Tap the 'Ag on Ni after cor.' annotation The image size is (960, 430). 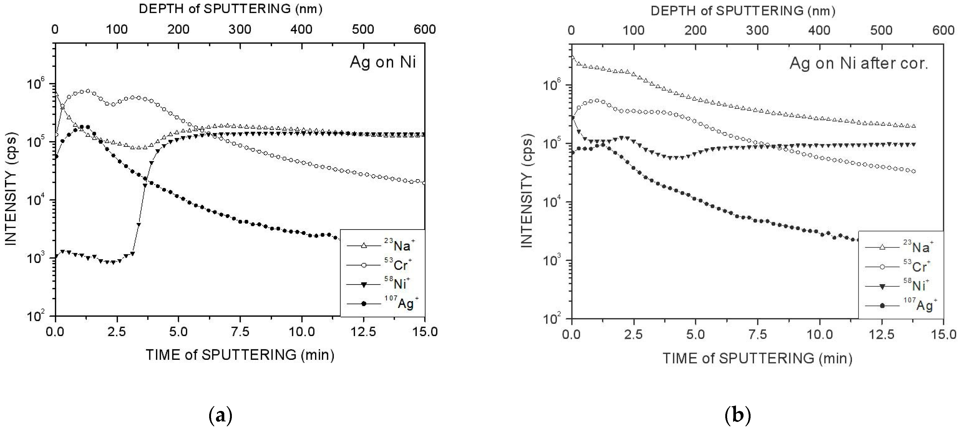point(858,63)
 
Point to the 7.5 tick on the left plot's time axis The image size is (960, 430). point(240,332)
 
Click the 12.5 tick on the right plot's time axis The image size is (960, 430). point(881,335)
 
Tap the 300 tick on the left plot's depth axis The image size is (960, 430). point(240,29)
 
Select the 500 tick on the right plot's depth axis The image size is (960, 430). point(881,30)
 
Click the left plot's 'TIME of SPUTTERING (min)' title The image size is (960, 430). point(240,355)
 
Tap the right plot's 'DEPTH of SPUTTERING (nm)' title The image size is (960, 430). point(743,11)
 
